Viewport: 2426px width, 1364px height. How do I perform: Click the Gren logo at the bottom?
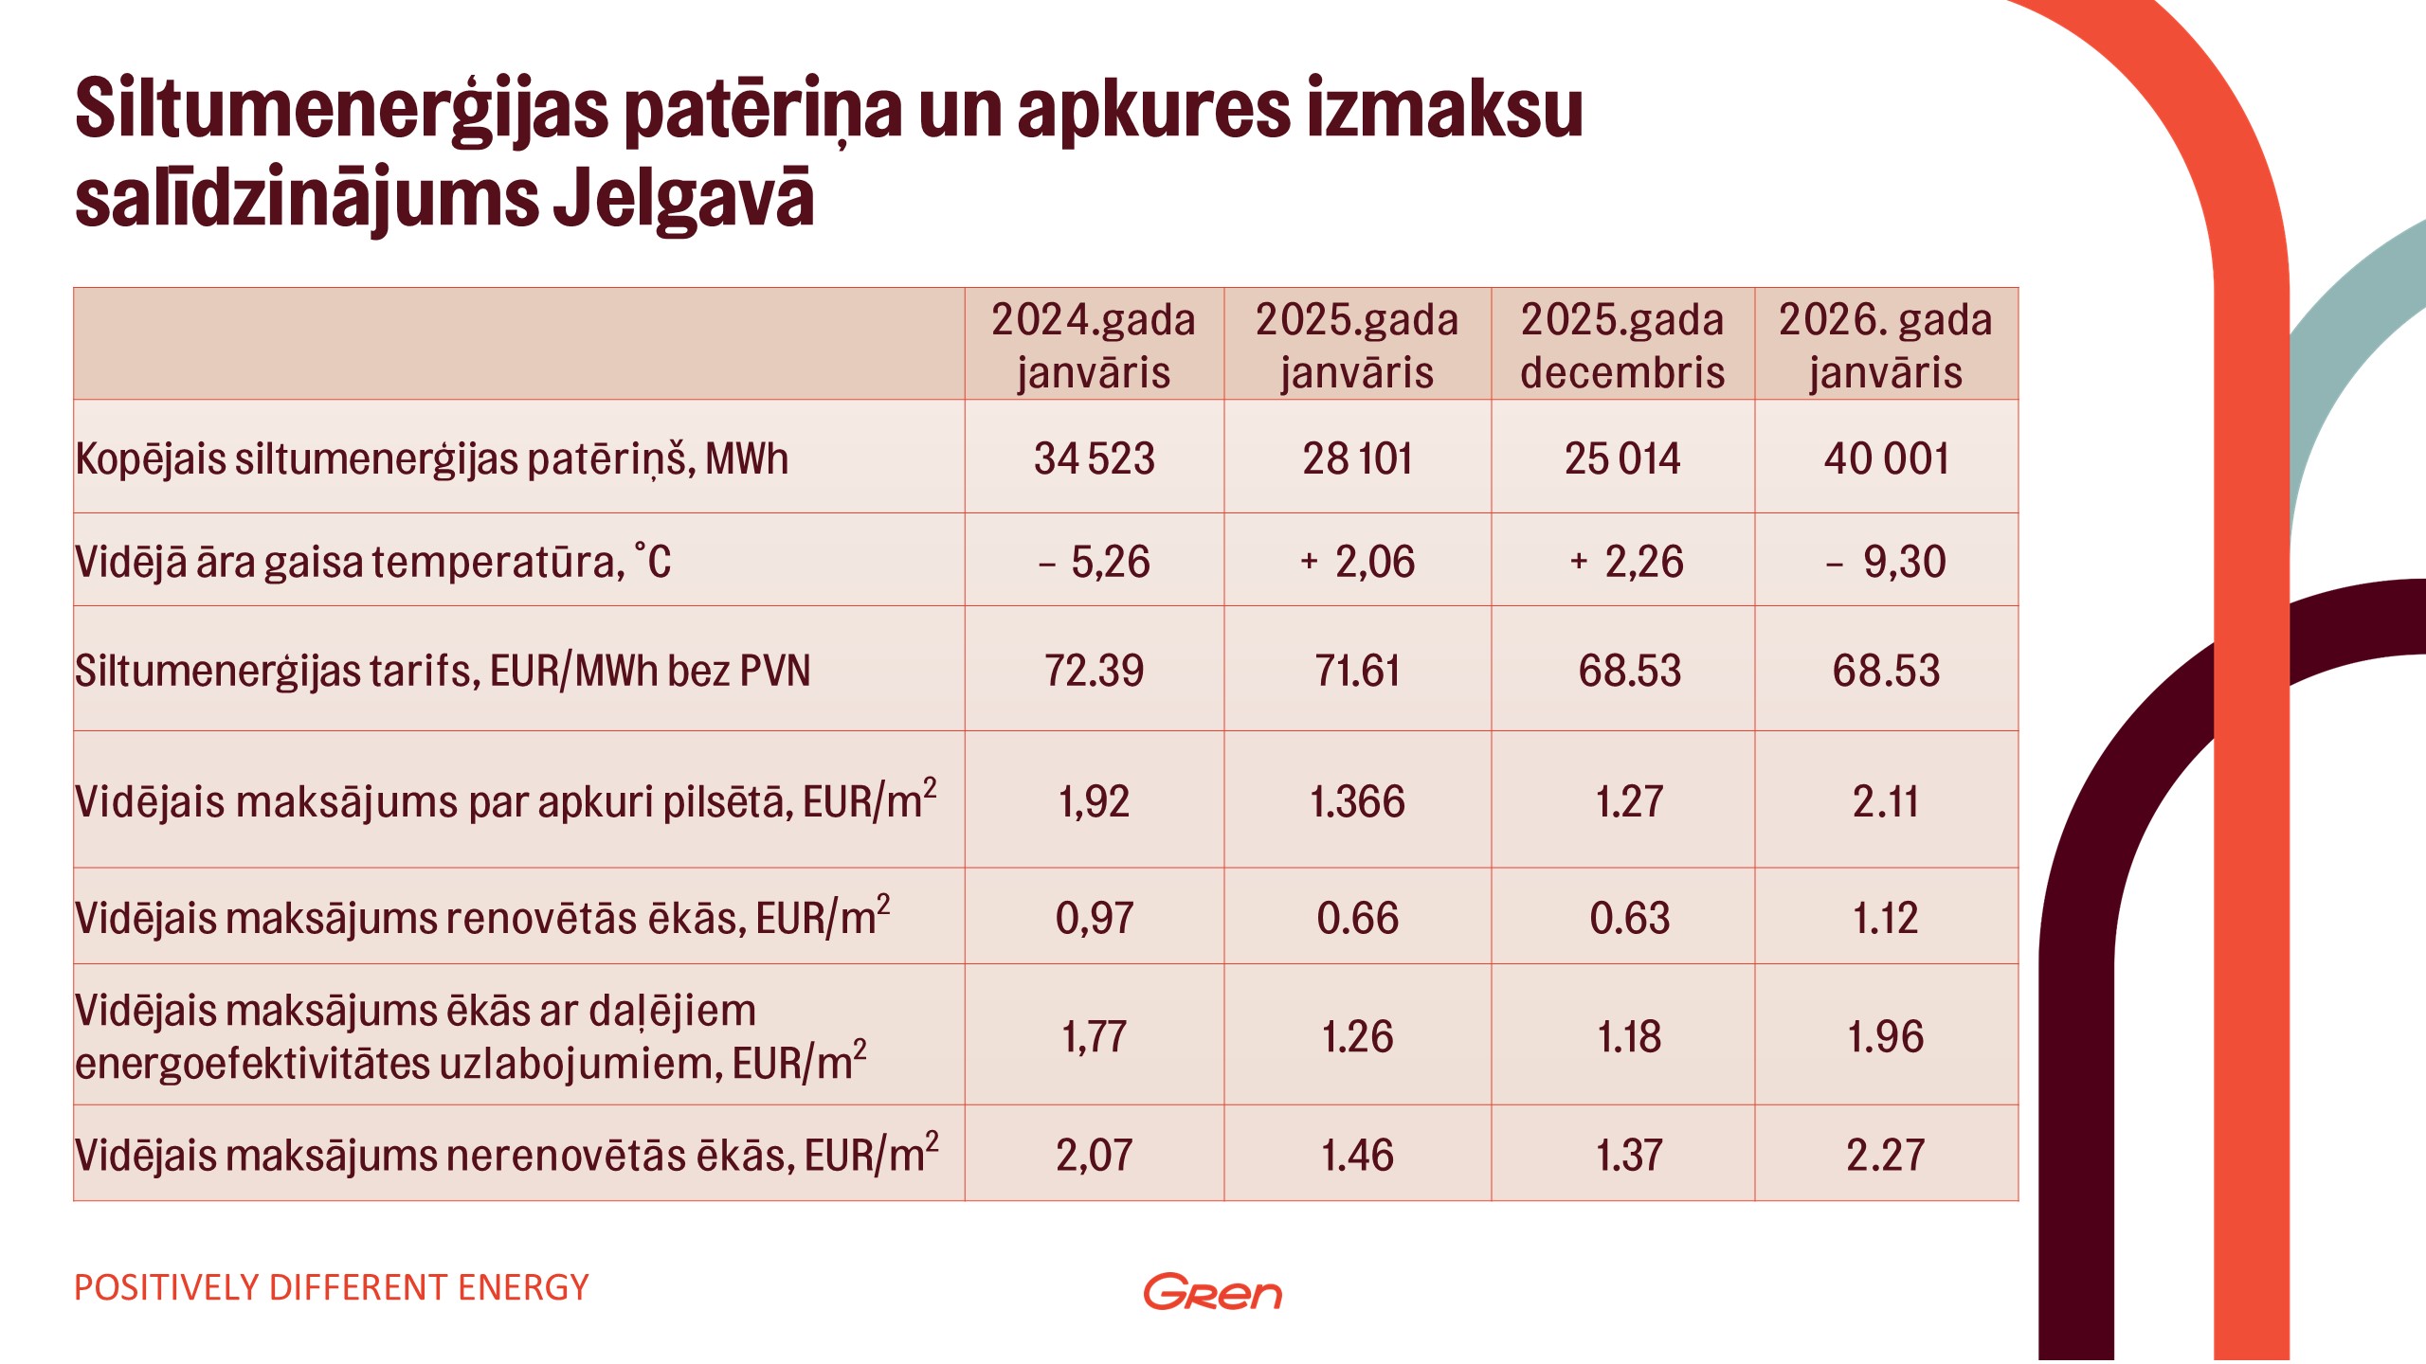coord(1212,1292)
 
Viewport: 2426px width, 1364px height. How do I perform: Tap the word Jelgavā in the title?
coord(683,200)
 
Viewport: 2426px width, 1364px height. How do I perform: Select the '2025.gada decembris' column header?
coord(1622,345)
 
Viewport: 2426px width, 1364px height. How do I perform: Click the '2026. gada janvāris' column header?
coord(1885,345)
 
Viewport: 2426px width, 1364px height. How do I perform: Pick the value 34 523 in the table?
coord(1094,458)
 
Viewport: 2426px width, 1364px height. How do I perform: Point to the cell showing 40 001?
coord(1886,458)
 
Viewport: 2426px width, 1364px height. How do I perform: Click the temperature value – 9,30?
coord(1886,562)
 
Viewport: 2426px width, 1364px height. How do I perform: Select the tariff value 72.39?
coord(1094,671)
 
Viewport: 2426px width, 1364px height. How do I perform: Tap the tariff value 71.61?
coord(1357,671)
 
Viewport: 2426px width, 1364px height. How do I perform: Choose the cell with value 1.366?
coord(1357,801)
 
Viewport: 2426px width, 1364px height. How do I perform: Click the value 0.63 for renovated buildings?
coord(1629,918)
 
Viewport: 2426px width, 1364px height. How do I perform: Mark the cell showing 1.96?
coord(1886,1036)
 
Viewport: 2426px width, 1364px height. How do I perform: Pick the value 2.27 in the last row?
coord(1886,1155)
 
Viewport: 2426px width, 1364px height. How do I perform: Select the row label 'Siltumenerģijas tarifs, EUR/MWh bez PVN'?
coord(443,671)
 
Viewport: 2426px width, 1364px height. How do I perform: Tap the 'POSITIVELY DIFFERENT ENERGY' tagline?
coord(332,1287)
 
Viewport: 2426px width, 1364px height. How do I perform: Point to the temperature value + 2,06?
coord(1357,562)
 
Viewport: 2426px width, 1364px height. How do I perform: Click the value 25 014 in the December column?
coord(1622,458)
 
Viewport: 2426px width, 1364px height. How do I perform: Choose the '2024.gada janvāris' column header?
coord(1094,345)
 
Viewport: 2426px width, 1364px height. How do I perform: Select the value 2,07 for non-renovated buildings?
coord(1094,1155)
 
